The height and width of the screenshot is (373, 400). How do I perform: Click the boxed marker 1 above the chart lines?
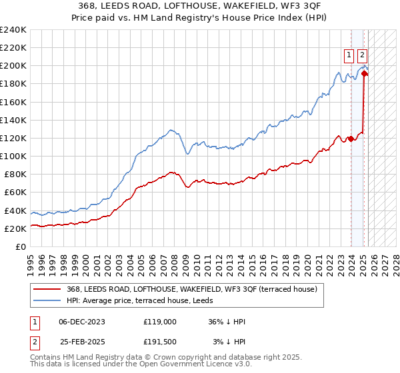(x=349, y=55)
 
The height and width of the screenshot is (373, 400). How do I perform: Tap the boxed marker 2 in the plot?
(x=362, y=55)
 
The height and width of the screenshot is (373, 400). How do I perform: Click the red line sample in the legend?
(x=47, y=289)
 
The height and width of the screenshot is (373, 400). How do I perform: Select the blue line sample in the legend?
(x=47, y=300)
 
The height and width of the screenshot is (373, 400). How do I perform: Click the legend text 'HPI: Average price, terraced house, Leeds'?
(x=147, y=300)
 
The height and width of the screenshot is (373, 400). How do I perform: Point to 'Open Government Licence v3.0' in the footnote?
(x=200, y=365)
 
